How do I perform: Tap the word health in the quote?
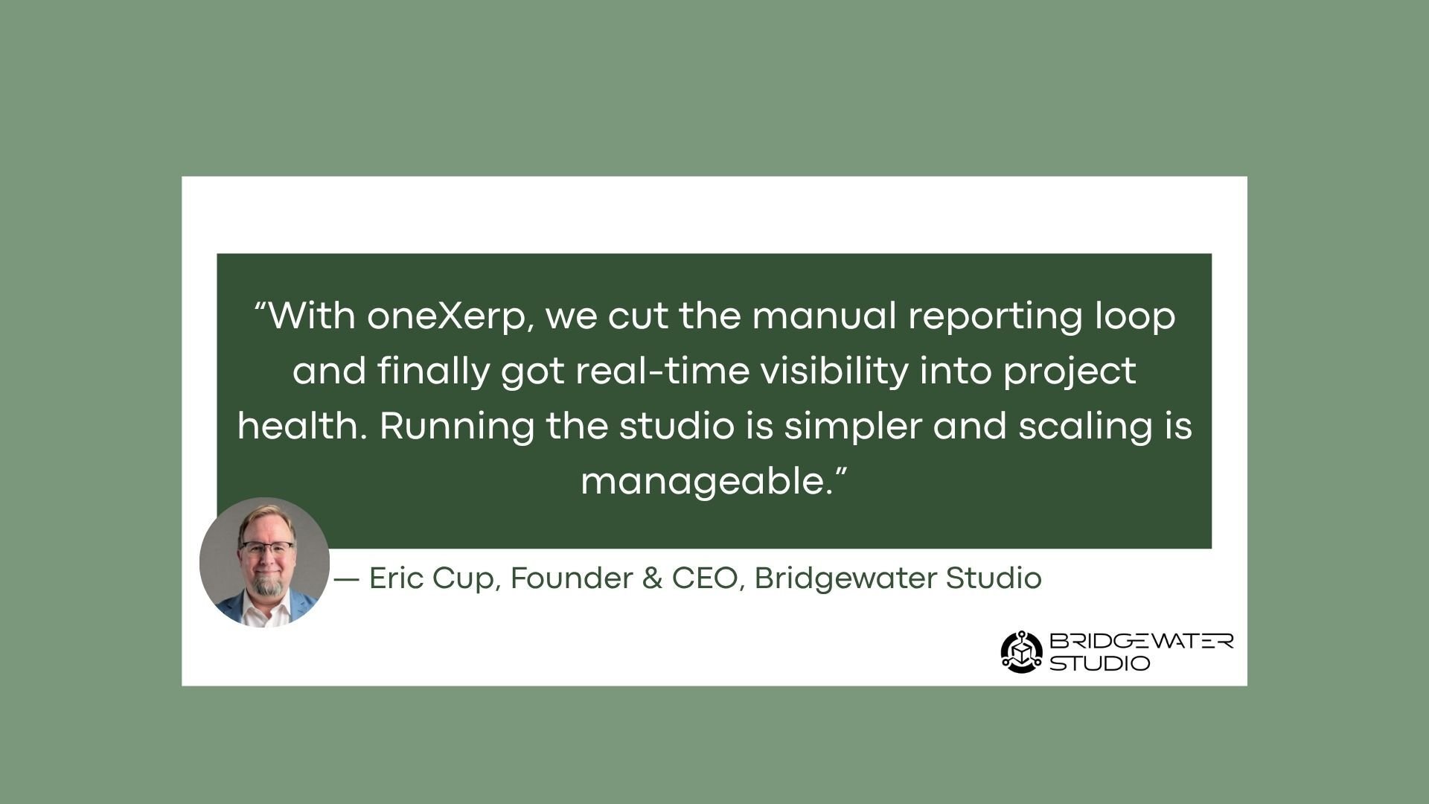pos(303,426)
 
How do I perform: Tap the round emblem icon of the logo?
pos(1022,652)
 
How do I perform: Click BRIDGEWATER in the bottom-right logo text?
pos(1142,641)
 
